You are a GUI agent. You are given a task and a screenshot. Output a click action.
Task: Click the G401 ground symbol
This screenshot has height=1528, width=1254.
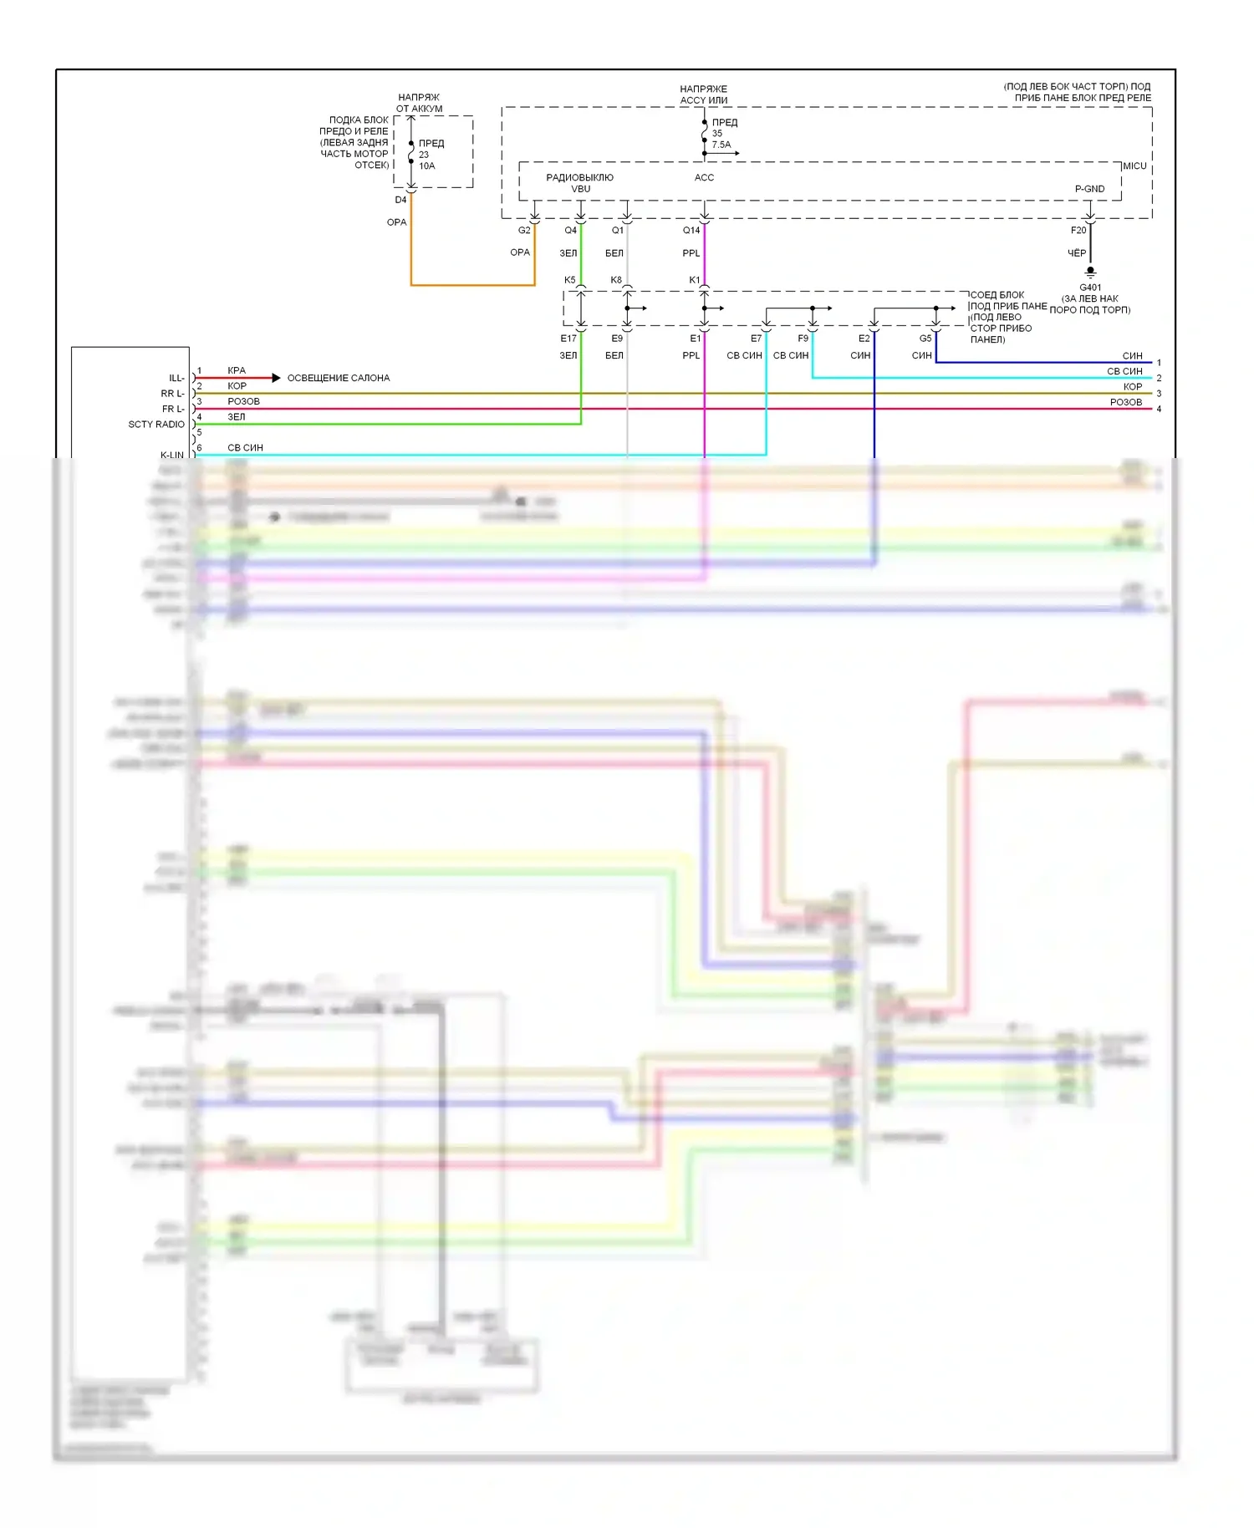[x=1090, y=272]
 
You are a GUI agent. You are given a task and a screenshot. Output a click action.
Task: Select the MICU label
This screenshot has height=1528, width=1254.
[x=1134, y=166]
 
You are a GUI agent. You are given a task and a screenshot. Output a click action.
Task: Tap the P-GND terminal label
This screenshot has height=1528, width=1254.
[x=1089, y=189]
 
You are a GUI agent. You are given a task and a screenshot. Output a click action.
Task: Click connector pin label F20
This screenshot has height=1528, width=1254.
[x=1078, y=231]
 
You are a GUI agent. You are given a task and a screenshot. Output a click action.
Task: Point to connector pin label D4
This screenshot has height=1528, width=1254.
[x=400, y=201]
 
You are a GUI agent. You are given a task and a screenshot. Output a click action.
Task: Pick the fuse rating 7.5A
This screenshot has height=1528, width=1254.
[x=721, y=145]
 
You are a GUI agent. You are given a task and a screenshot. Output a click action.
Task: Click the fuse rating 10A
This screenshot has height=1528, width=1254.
[x=426, y=166]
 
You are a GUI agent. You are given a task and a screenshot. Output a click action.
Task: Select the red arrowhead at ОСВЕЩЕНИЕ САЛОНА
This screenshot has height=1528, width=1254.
[x=276, y=378]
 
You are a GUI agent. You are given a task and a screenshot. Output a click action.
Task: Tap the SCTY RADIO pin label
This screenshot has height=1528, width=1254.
[x=156, y=425]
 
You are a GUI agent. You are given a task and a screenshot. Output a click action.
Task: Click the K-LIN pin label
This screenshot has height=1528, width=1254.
[x=172, y=455]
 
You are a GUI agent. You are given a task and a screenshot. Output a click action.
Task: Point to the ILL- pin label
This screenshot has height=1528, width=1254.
[x=176, y=378]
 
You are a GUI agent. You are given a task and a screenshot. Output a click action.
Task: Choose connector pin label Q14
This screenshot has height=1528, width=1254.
[x=691, y=231]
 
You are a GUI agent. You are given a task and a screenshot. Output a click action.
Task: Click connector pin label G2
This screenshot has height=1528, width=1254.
[x=524, y=231]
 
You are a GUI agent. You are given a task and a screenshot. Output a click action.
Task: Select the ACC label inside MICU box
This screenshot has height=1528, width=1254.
[x=704, y=177]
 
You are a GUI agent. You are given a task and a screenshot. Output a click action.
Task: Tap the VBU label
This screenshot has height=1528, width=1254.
[x=580, y=189]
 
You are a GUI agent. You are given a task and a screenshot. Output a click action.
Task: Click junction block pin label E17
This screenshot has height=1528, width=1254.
[x=568, y=339]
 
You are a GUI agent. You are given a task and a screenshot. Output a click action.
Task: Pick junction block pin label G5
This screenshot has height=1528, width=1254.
[x=925, y=339]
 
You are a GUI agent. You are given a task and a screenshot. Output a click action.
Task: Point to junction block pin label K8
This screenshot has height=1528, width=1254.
[x=616, y=280]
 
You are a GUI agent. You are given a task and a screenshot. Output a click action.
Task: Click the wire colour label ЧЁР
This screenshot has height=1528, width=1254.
[x=1077, y=253]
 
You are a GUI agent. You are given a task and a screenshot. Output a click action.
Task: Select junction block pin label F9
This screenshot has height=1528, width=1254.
[x=803, y=339]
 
